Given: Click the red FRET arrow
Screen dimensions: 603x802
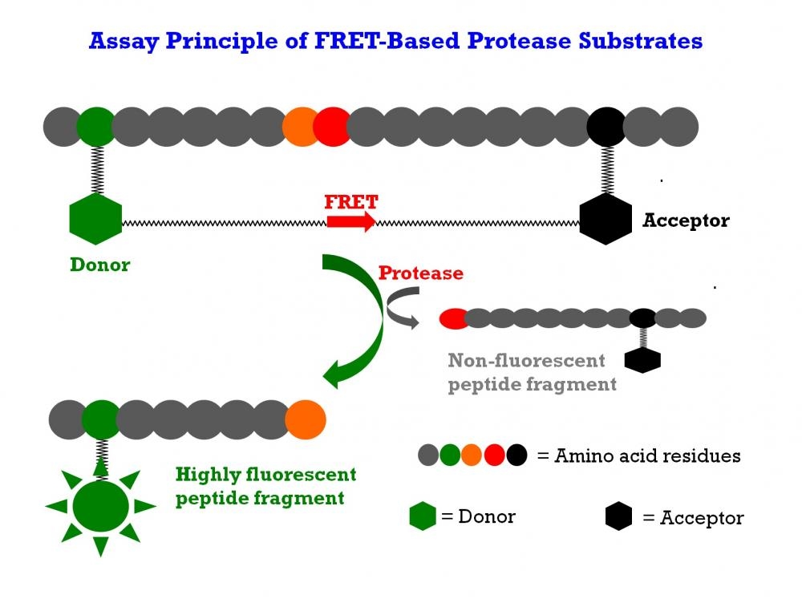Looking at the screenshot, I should click(x=350, y=221).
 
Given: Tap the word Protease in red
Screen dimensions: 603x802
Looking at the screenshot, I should click(x=420, y=273).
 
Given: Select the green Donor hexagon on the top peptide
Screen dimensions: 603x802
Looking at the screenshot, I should click(x=96, y=219).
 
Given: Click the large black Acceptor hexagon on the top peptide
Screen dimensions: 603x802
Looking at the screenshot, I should click(x=606, y=219).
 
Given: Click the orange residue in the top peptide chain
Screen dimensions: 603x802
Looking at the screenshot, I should click(x=302, y=127).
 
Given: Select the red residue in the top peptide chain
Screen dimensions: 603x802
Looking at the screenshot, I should click(x=331, y=127).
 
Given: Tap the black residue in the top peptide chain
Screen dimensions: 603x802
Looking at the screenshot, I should click(x=606, y=127).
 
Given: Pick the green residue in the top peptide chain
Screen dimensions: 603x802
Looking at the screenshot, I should click(x=95, y=127).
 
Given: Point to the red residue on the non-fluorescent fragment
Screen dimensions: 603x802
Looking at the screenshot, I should click(x=454, y=318).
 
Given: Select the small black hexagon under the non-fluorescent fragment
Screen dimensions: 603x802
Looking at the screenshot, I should click(x=642, y=360).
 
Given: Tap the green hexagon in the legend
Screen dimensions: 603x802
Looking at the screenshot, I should click(x=423, y=516).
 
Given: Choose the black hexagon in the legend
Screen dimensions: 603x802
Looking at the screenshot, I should click(x=618, y=517).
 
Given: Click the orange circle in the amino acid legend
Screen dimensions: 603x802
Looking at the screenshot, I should click(x=472, y=456).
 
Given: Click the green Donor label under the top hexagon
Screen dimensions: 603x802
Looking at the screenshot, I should click(x=99, y=265).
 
